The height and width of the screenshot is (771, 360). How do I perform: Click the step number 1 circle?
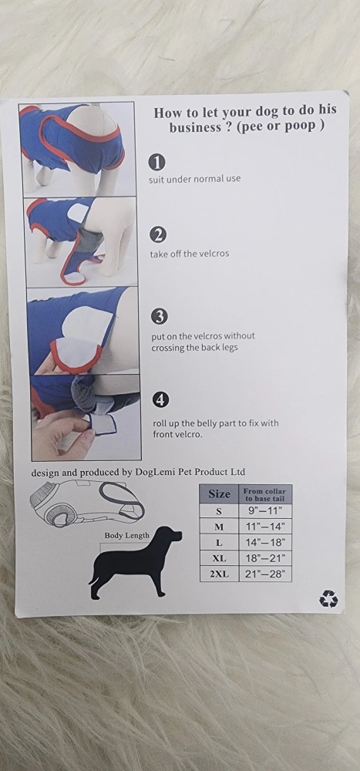157,162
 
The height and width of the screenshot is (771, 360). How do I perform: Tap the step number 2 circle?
158,235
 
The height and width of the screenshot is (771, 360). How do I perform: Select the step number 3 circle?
159,317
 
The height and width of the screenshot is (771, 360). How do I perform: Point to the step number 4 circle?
160,399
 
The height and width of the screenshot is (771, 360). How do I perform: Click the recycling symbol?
328,599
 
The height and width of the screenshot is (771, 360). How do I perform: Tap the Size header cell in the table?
220,493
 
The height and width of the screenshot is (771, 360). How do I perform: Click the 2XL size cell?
220,574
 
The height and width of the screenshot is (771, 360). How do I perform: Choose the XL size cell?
220,558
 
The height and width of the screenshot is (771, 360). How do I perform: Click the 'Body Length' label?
126,536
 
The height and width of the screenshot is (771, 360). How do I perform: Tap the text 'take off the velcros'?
190,254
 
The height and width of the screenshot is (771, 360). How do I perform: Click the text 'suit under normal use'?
195,179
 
